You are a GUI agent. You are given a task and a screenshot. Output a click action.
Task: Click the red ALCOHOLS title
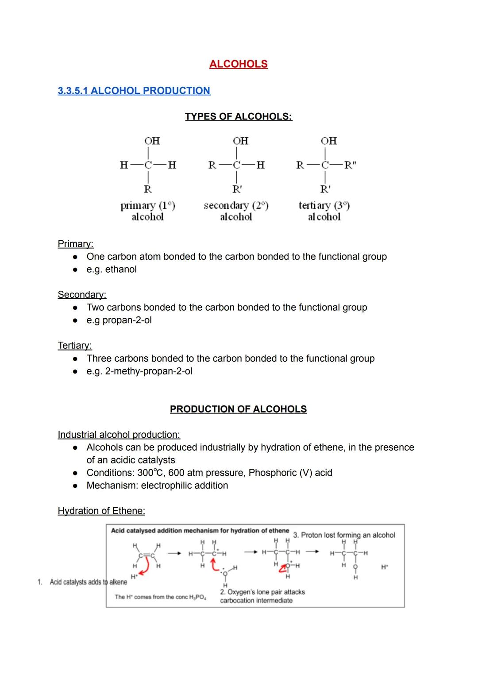(x=238, y=64)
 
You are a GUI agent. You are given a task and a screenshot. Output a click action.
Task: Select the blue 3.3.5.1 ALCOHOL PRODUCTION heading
(x=134, y=91)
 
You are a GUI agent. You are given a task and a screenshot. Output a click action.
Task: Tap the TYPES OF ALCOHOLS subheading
(x=238, y=116)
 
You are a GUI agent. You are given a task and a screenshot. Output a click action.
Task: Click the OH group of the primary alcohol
(x=152, y=141)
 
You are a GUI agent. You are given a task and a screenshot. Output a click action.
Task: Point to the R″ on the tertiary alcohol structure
(x=350, y=166)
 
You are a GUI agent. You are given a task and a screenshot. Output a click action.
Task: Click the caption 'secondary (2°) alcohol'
(x=236, y=211)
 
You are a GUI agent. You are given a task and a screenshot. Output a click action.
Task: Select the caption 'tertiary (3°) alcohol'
(x=324, y=211)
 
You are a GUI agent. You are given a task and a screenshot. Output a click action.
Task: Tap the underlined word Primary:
(x=75, y=244)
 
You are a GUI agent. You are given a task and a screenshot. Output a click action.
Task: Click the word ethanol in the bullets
(x=121, y=270)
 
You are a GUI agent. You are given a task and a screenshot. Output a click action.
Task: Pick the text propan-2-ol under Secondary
(x=127, y=320)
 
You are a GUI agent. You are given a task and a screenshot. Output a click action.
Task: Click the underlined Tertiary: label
(x=74, y=345)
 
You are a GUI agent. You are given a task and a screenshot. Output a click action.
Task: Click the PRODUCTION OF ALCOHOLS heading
(x=238, y=409)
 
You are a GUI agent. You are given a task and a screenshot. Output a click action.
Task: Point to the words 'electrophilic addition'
(x=185, y=486)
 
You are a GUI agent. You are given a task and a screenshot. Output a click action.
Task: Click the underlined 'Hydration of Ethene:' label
(x=101, y=511)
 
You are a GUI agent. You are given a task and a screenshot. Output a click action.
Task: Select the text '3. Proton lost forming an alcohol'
(x=344, y=535)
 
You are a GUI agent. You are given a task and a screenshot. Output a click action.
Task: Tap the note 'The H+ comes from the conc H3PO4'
(x=160, y=597)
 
